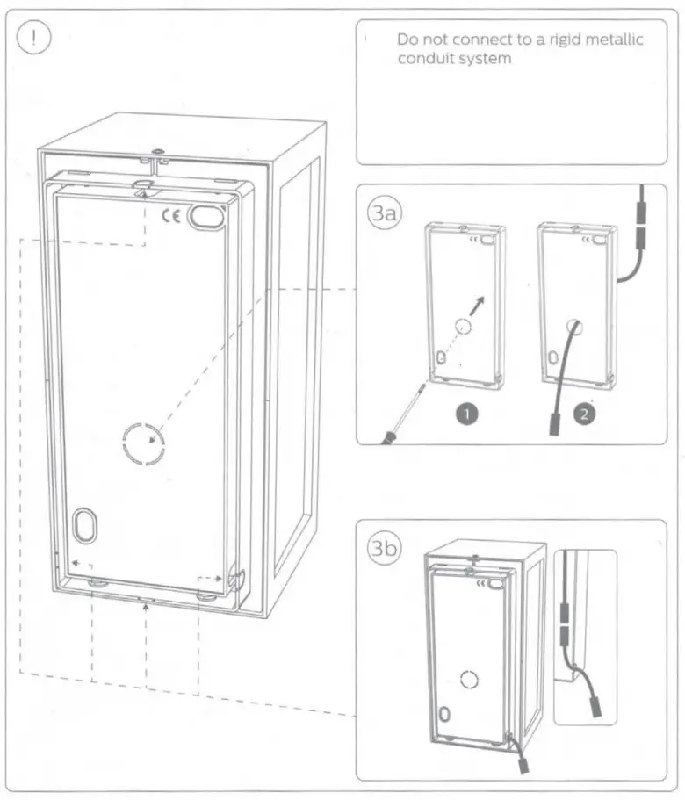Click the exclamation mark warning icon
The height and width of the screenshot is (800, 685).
pos(34,40)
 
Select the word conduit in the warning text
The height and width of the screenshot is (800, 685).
pos(425,60)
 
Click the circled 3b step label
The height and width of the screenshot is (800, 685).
pos(383,548)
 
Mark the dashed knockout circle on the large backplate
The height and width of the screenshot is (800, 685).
pos(143,444)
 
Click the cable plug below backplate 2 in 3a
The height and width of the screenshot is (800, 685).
pos(555,423)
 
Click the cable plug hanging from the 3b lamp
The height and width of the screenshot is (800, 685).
pos(524,764)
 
